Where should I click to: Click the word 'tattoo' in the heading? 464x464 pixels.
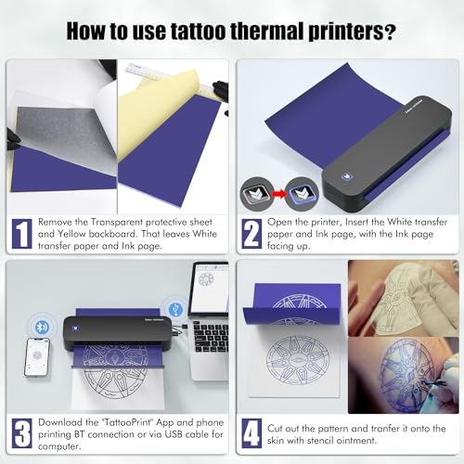199,31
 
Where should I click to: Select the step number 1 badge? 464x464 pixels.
22,234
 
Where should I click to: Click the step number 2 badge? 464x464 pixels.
251,234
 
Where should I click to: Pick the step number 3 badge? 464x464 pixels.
22,433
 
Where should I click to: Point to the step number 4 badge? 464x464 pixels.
251,433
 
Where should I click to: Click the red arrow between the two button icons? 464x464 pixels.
279,194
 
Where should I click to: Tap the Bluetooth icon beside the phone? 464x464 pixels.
42,327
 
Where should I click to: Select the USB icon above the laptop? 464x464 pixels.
175,309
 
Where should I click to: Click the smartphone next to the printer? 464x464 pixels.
37,357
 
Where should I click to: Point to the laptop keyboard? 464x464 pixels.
211,337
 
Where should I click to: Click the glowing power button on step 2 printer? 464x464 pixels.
347,176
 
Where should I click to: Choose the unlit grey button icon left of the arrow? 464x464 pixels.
256,194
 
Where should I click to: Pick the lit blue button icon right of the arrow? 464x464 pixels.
302,194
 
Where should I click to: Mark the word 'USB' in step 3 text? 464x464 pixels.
174,434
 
